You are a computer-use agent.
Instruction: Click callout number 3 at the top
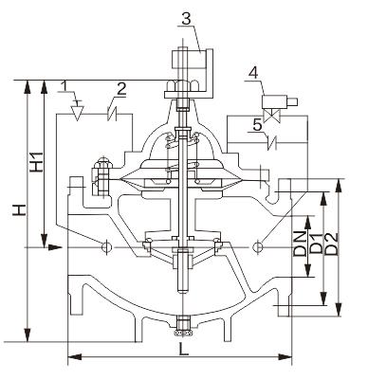point(187,19)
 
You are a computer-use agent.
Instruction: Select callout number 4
point(253,74)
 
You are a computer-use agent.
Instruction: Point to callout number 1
point(64,85)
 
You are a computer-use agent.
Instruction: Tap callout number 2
point(121,89)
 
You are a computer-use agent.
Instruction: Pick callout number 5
point(257,125)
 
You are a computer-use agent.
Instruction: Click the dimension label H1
point(37,162)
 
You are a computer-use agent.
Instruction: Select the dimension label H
point(19,210)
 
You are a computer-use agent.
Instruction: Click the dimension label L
point(183,349)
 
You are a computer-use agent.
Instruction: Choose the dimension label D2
point(331,244)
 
